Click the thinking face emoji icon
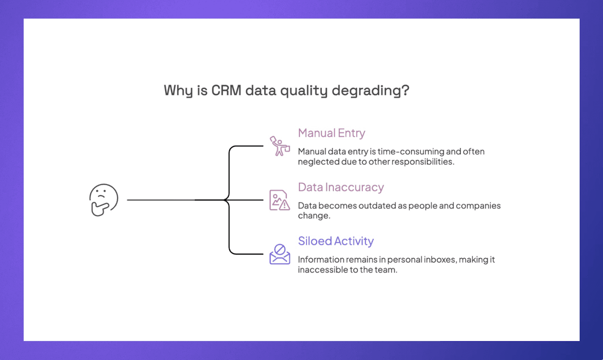point(104,200)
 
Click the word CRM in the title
point(226,90)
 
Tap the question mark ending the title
point(406,90)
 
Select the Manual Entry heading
point(331,133)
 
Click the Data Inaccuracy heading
point(341,187)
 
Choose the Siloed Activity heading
point(335,241)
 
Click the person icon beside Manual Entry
point(280,146)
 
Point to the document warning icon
point(279,200)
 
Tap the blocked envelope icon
point(280,254)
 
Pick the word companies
point(478,206)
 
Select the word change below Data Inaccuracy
point(313,216)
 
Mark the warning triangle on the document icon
point(285,205)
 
